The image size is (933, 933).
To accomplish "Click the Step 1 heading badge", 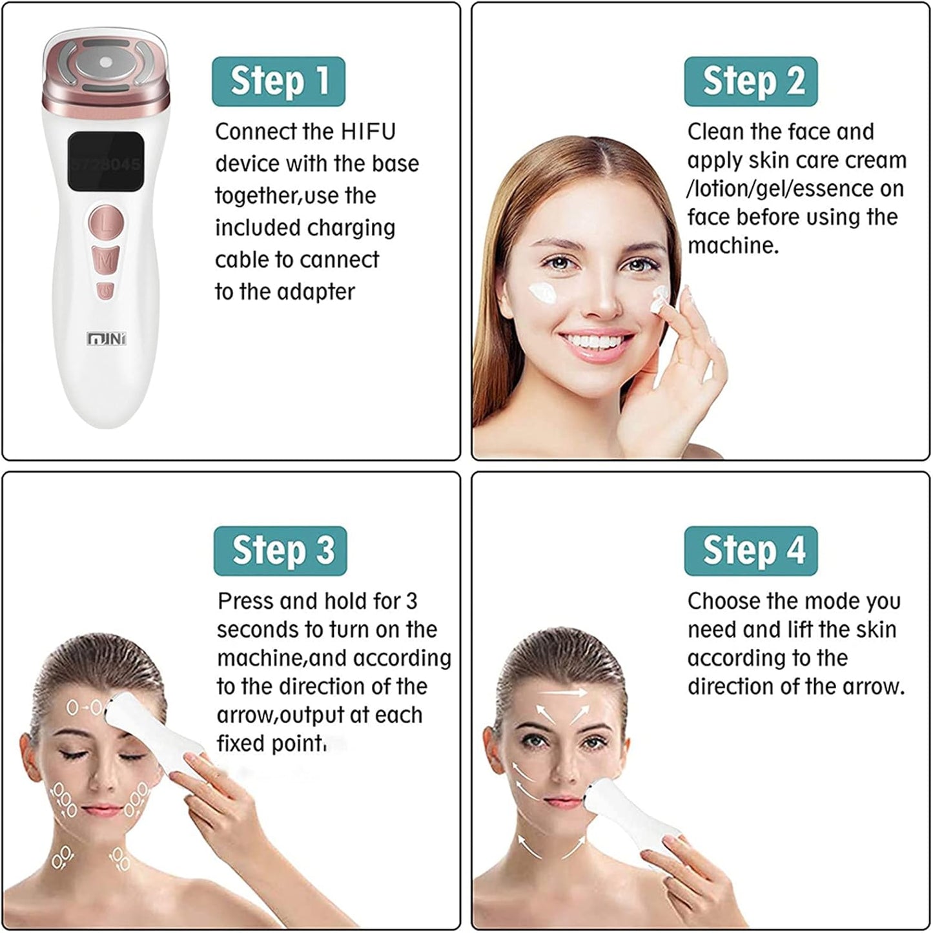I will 278,81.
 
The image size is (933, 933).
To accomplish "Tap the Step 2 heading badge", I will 751,81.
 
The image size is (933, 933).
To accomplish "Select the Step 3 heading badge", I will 280,551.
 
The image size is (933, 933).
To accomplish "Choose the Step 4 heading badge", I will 751,551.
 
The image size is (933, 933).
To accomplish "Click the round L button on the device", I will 107,224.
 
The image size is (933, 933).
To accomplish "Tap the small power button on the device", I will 105,292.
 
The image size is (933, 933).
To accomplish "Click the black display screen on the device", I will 105,161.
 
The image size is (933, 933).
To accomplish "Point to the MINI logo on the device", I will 107,338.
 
